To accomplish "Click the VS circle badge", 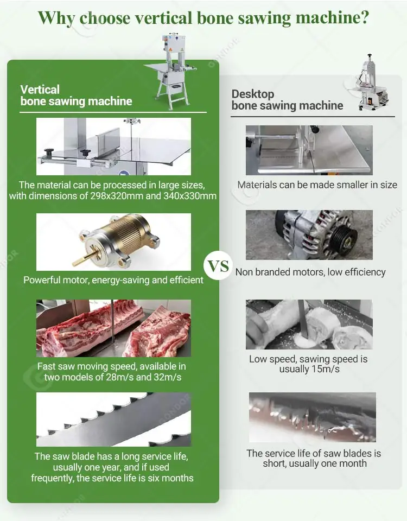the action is coord(219,266).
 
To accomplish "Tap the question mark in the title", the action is coord(365,17).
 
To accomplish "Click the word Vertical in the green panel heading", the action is coord(40,90).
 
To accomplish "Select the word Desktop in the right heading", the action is coord(253,94).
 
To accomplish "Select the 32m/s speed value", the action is coord(168,377).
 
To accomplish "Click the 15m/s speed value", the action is coord(326,369).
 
